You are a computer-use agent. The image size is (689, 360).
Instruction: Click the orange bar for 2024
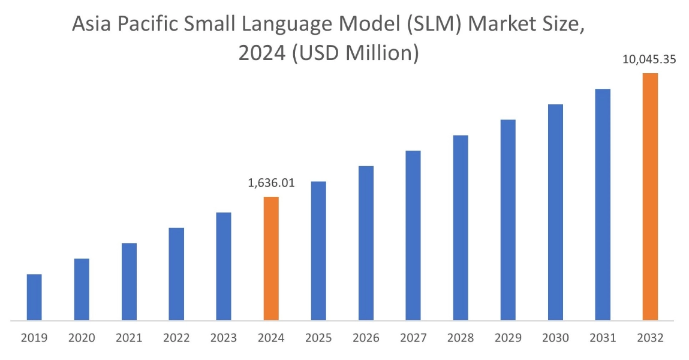pos(271,258)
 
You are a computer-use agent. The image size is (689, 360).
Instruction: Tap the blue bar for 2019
pos(34,297)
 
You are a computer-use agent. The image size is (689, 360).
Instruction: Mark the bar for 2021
pos(129,281)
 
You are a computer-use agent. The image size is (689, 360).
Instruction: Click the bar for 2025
pos(318,250)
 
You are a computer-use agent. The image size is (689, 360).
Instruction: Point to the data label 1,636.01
pos(271,182)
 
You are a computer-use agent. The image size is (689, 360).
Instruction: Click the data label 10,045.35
pos(650,59)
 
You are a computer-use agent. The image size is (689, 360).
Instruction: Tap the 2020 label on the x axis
pos(82,338)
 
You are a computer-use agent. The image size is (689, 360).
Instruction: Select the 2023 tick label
pos(224,338)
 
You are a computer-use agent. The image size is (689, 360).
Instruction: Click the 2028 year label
pos(461,338)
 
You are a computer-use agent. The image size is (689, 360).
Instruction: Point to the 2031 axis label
pos(603,338)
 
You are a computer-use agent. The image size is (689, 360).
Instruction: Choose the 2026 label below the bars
pos(366,338)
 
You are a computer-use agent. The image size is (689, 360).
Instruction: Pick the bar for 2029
pos(508,220)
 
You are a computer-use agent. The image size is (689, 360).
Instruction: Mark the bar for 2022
pos(176,274)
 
